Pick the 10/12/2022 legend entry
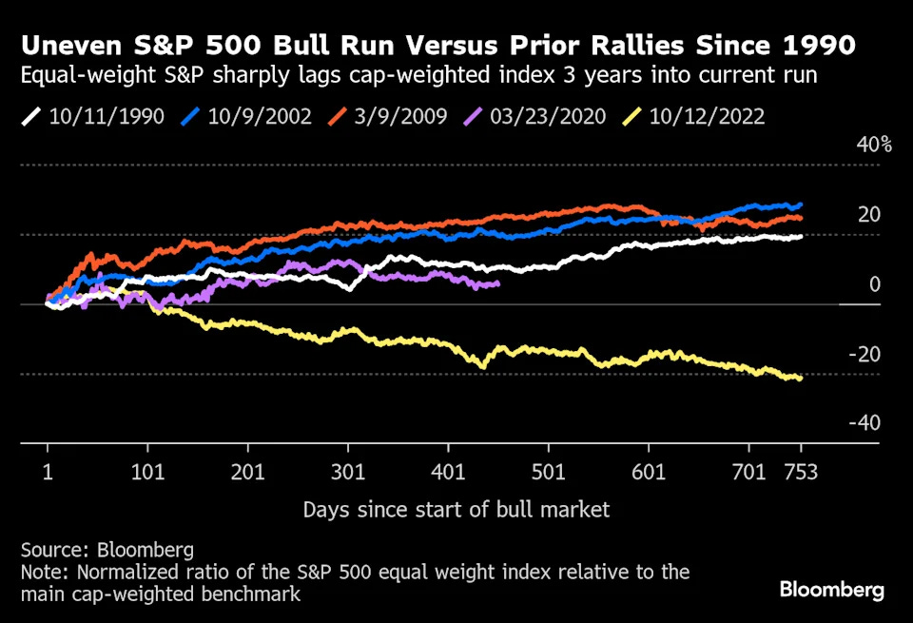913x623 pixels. click(x=707, y=117)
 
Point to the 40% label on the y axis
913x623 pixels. click(x=875, y=146)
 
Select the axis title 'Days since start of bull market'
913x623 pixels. click(x=456, y=510)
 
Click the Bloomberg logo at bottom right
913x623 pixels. click(x=832, y=590)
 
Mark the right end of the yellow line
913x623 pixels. click(x=800, y=379)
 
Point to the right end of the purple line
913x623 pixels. click(x=497, y=283)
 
